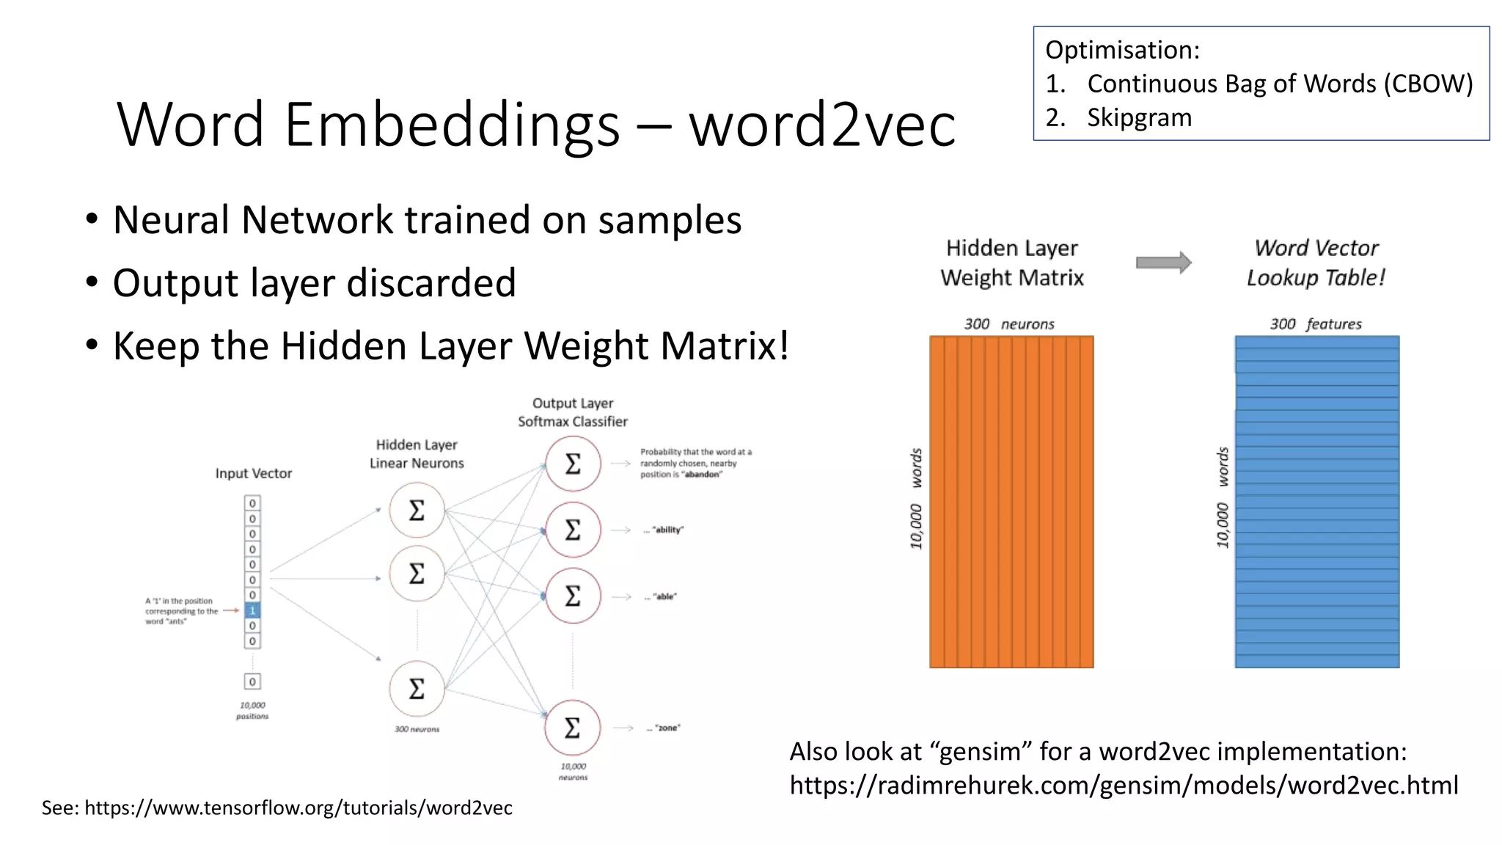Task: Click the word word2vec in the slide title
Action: (x=822, y=125)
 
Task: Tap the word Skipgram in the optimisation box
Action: (x=1139, y=117)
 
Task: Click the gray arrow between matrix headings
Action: (x=1164, y=263)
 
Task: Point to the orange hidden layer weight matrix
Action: (x=1011, y=502)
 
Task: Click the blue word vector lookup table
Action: (x=1316, y=502)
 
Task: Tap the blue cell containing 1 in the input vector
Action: (x=252, y=610)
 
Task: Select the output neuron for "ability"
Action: (x=573, y=530)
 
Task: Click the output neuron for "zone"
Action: (x=573, y=728)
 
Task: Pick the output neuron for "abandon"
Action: (x=573, y=464)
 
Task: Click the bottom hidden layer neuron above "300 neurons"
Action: (x=417, y=689)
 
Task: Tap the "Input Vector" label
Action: (x=254, y=474)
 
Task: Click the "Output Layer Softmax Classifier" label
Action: (x=573, y=412)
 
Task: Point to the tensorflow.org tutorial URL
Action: (x=298, y=808)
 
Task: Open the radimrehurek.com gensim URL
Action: (x=1124, y=786)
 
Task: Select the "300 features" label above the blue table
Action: (x=1316, y=324)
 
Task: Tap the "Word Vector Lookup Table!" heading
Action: (x=1316, y=263)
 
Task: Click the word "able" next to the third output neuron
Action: (x=665, y=597)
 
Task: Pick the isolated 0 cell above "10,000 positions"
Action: (x=252, y=681)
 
